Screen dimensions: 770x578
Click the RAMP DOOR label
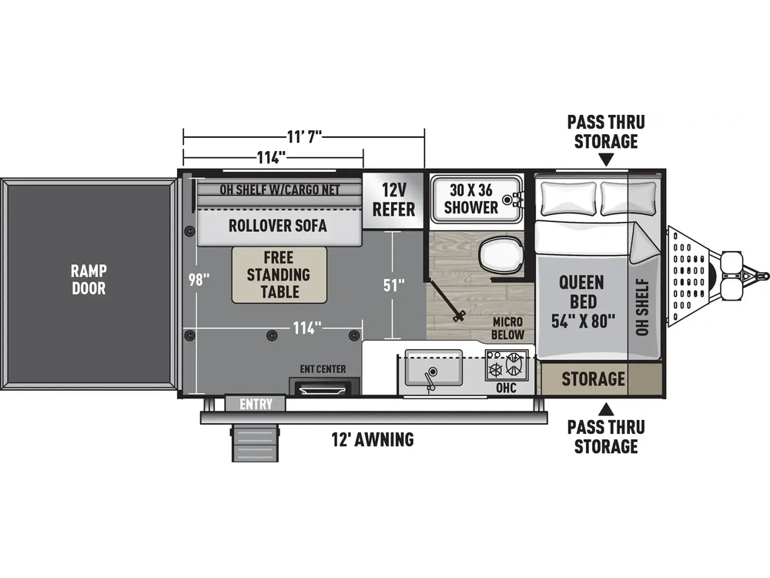89,279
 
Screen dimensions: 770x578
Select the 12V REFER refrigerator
393,200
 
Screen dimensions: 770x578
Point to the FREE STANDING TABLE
279,275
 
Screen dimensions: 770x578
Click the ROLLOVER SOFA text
277,226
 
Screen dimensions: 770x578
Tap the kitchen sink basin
433,368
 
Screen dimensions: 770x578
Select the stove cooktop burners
507,365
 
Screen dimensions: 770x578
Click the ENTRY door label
256,404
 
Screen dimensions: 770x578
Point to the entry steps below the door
255,442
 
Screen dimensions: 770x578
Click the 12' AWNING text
373,439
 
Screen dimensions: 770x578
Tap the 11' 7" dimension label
304,135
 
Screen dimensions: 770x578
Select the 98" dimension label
199,280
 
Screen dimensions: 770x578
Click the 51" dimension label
393,284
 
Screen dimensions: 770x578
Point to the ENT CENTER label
323,368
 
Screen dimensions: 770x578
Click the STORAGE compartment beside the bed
593,379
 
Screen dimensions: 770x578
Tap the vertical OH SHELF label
642,307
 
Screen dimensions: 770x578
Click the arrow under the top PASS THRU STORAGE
607,160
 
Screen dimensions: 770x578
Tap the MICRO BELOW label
507,328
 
